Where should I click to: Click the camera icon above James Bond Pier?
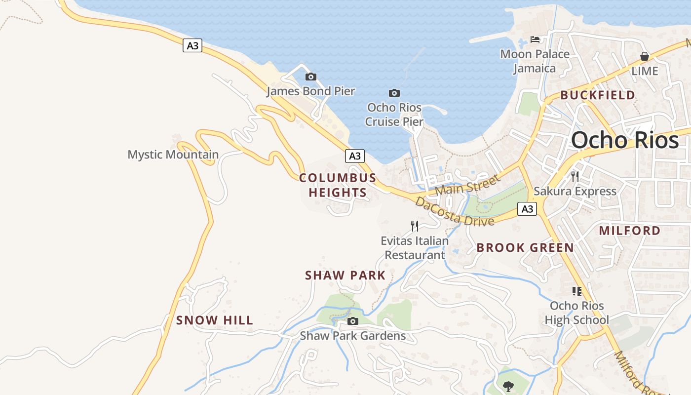coord(310,77)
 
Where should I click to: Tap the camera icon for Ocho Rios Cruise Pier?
coord(394,93)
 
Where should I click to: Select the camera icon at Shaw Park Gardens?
coord(352,321)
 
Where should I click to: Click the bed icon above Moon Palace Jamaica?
coord(535,39)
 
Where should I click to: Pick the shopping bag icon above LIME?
coord(645,57)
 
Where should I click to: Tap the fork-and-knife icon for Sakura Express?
coord(575,176)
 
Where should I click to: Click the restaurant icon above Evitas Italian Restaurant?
coord(415,226)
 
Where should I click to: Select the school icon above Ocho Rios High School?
coord(576,291)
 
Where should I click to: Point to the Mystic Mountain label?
coord(173,155)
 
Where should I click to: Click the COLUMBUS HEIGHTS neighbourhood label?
coord(338,185)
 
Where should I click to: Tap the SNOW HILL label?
coord(215,320)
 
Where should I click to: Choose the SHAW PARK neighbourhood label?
coord(345,276)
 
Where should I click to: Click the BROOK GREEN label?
coord(525,248)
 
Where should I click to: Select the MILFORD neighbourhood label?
coord(629,231)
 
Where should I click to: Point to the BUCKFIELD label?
coord(598,95)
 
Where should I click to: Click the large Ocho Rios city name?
coord(625,141)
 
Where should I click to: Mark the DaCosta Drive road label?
coord(454,211)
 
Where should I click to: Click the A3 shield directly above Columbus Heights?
coord(354,156)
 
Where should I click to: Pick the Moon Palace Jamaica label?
coord(535,61)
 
